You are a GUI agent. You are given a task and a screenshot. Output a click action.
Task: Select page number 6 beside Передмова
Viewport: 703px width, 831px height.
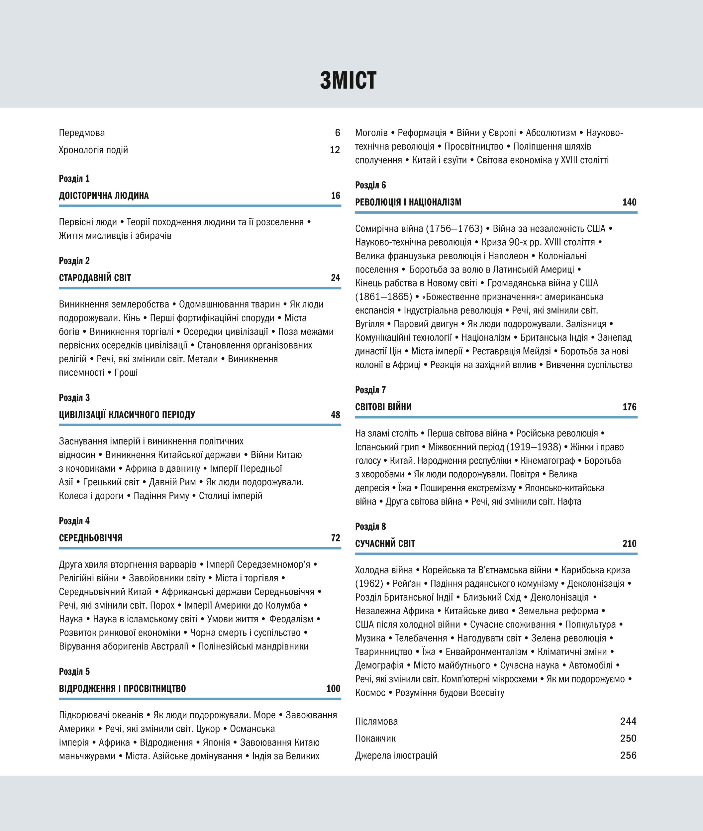pyautogui.click(x=337, y=133)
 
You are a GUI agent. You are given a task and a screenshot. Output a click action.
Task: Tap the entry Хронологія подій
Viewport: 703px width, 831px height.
pyautogui.click(x=93, y=150)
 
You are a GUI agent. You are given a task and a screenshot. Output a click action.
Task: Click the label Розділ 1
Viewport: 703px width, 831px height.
pyautogui.click(x=74, y=178)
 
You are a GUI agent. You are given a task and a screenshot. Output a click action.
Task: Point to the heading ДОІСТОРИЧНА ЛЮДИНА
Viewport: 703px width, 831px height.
pyautogui.click(x=104, y=195)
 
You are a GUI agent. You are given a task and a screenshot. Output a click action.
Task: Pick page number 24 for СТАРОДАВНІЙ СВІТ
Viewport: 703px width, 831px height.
pyautogui.click(x=335, y=278)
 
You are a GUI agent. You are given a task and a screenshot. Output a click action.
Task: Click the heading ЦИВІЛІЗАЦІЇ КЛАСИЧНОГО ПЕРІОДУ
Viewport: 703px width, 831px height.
pyautogui.click(x=127, y=415)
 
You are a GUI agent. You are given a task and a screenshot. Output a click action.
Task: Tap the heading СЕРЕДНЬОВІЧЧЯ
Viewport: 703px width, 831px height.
pyautogui.click(x=90, y=538)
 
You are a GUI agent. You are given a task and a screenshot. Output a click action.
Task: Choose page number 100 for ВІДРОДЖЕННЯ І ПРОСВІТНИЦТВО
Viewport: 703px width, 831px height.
pyautogui.click(x=333, y=688)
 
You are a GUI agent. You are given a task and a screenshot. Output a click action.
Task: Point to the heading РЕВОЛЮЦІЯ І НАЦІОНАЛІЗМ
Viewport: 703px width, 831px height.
pyautogui.click(x=408, y=202)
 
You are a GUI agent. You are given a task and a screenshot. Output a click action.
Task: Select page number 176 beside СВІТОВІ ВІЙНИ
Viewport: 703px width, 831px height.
pyautogui.click(x=629, y=407)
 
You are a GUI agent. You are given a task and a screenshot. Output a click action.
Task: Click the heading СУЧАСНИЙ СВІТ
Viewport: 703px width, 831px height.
pyautogui.click(x=385, y=543)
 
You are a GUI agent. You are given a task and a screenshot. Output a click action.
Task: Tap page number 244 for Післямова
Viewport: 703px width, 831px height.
pyautogui.click(x=628, y=721)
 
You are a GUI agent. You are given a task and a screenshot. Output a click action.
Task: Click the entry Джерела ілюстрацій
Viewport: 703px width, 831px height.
pyautogui.click(x=396, y=755)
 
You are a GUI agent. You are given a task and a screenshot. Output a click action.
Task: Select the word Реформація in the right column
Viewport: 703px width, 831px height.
pyautogui.click(x=422, y=133)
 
